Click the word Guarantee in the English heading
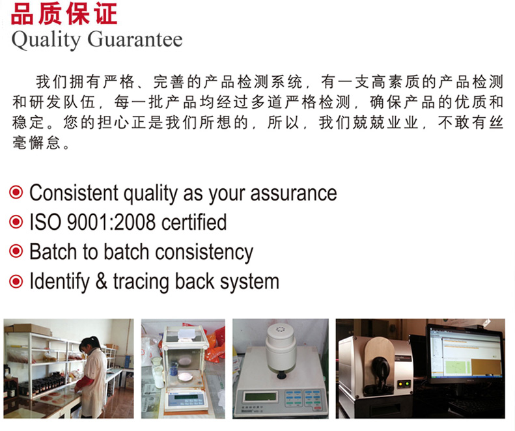click(135, 40)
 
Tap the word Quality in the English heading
click(46, 40)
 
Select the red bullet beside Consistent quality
click(16, 192)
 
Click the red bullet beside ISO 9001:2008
click(16, 222)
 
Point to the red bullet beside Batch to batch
click(16, 251)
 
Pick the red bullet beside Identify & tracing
click(16, 281)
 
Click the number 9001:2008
click(111, 222)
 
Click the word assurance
click(294, 193)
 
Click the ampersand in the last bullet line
click(102, 281)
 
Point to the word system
click(249, 283)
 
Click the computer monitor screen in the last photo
click(466, 354)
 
